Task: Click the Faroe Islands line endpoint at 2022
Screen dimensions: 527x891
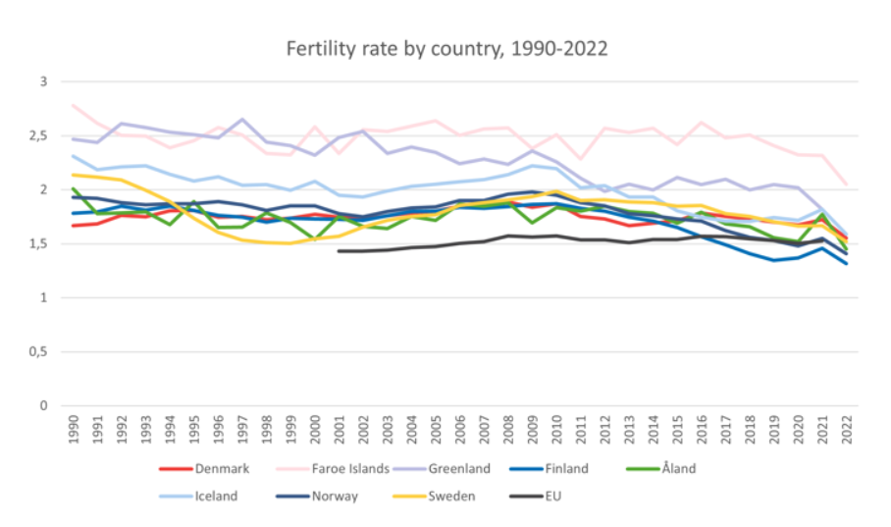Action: (846, 184)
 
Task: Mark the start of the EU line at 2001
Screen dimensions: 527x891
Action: (340, 251)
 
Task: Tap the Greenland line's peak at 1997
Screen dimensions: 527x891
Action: (243, 120)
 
